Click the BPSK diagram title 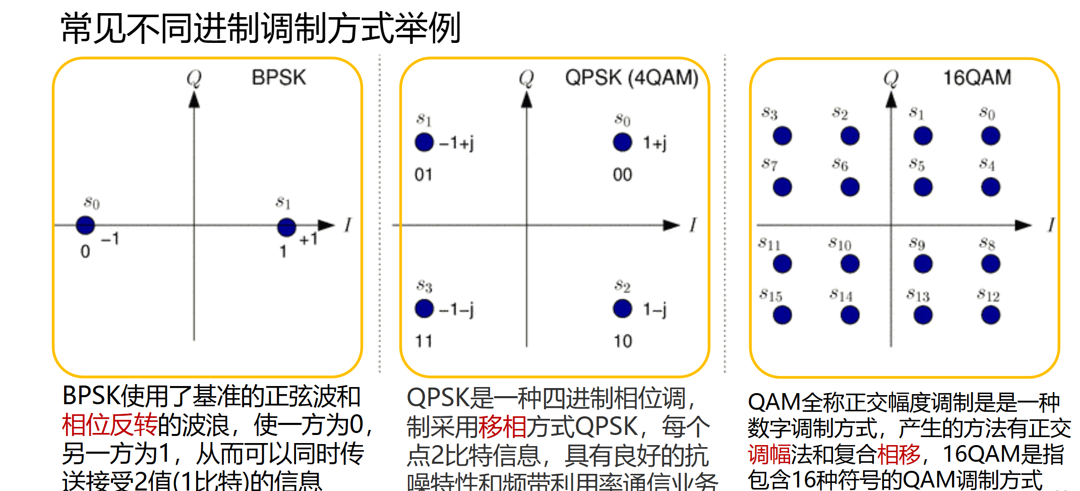(278, 78)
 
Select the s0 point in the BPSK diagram (85, 225)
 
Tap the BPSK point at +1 (286, 227)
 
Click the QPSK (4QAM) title (631, 78)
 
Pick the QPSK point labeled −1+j (424, 142)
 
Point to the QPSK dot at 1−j (622, 309)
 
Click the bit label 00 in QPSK (622, 175)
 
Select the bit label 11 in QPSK (424, 341)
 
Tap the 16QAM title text (977, 78)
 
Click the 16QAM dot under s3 (782, 136)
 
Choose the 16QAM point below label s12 (990, 315)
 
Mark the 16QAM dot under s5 (923, 187)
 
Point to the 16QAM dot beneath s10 (850, 263)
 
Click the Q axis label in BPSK (194, 78)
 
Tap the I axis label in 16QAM (1050, 225)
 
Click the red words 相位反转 (109, 425)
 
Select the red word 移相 (502, 427)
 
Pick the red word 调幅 (769, 454)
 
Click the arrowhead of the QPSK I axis (672, 225)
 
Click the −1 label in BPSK (110, 239)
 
